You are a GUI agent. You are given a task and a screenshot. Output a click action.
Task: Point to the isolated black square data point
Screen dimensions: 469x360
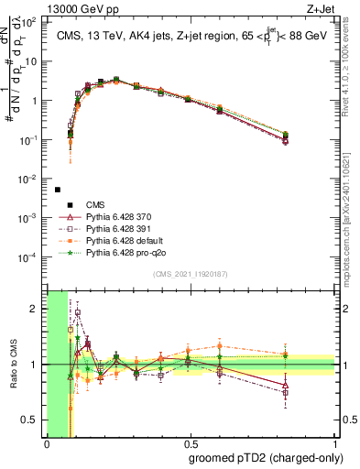click(x=58, y=190)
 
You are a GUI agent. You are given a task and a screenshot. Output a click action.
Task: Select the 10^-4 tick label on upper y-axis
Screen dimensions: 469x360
click(x=31, y=257)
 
